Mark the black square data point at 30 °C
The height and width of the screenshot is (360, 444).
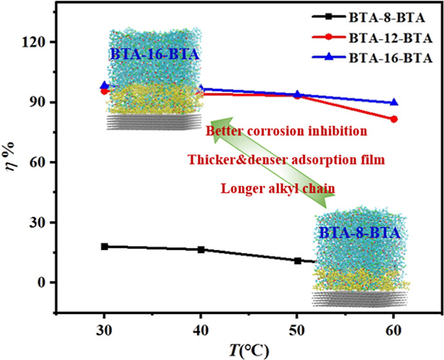coord(104,247)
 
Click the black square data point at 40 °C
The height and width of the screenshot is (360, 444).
coord(201,249)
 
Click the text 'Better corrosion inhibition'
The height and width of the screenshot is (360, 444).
coord(286,131)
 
